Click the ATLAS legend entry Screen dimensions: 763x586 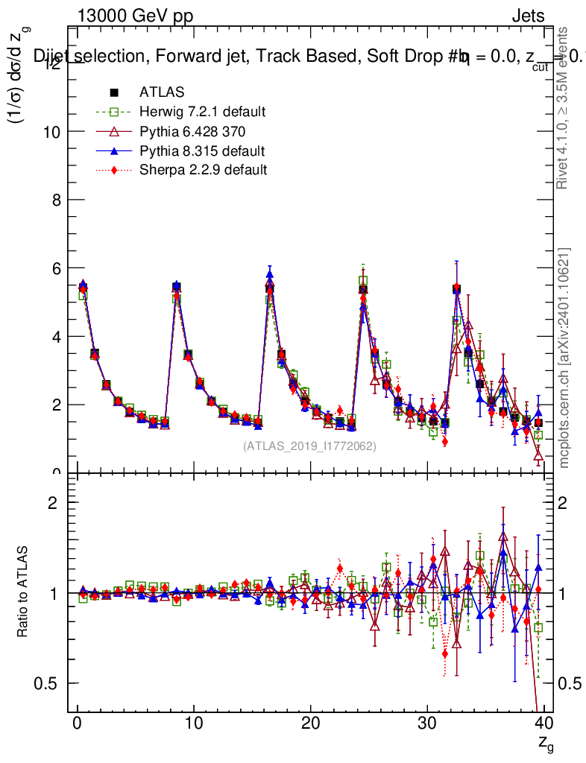(x=161, y=92)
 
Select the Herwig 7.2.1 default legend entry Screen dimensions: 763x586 (x=202, y=112)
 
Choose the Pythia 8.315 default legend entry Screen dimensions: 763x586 (x=202, y=151)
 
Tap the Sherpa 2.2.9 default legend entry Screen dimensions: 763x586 (x=203, y=170)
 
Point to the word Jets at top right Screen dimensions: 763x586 (x=528, y=16)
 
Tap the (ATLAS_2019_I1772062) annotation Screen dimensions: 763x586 (x=310, y=446)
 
